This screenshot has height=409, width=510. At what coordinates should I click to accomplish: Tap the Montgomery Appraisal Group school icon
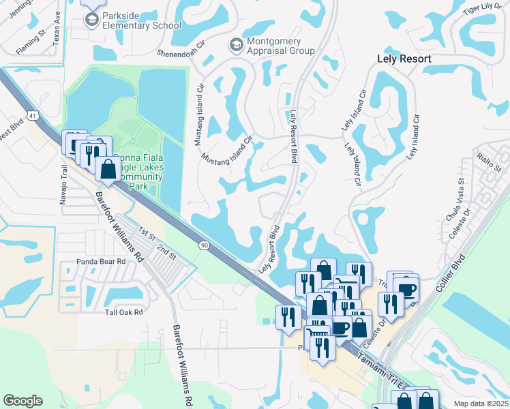236,45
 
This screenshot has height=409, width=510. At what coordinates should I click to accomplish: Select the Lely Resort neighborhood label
404,59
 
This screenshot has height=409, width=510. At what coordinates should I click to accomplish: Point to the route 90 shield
204,245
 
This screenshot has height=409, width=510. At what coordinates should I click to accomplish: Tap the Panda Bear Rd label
102,261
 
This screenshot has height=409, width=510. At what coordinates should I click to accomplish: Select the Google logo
23,401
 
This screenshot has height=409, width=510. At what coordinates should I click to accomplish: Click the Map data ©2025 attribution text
481,404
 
